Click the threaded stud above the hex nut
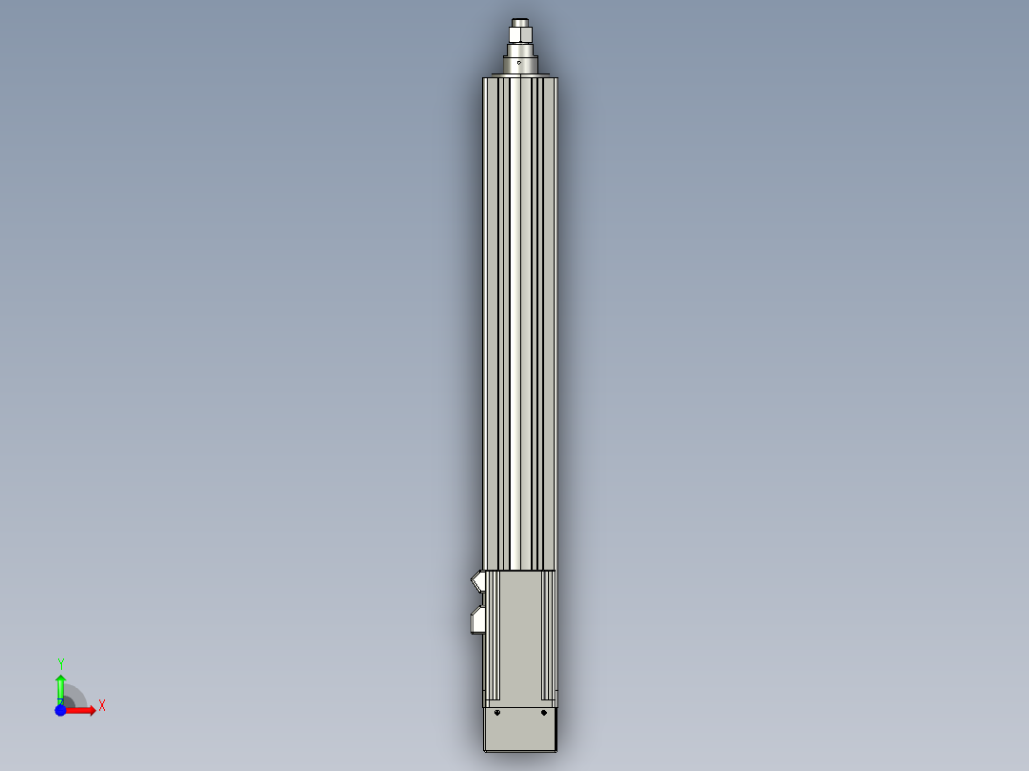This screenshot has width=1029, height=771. click(520, 21)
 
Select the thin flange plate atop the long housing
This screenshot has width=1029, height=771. click(520, 75)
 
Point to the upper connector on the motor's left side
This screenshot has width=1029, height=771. click(479, 579)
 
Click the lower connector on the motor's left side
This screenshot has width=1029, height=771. click(479, 620)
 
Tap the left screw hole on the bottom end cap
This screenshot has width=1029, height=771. click(497, 712)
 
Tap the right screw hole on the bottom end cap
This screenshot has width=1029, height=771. click(543, 712)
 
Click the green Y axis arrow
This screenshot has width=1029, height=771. click(60, 686)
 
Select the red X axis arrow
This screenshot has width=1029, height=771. click(82, 711)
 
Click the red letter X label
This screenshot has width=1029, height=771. click(102, 706)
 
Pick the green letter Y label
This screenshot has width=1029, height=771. click(61, 663)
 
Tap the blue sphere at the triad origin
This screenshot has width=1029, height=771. click(60, 711)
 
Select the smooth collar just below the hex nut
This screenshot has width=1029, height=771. click(520, 55)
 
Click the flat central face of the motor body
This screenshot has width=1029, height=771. click(520, 635)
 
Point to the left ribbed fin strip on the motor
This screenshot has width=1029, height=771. click(493, 635)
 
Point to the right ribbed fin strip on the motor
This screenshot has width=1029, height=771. click(549, 635)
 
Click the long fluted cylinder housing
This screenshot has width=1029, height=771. click(520, 324)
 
